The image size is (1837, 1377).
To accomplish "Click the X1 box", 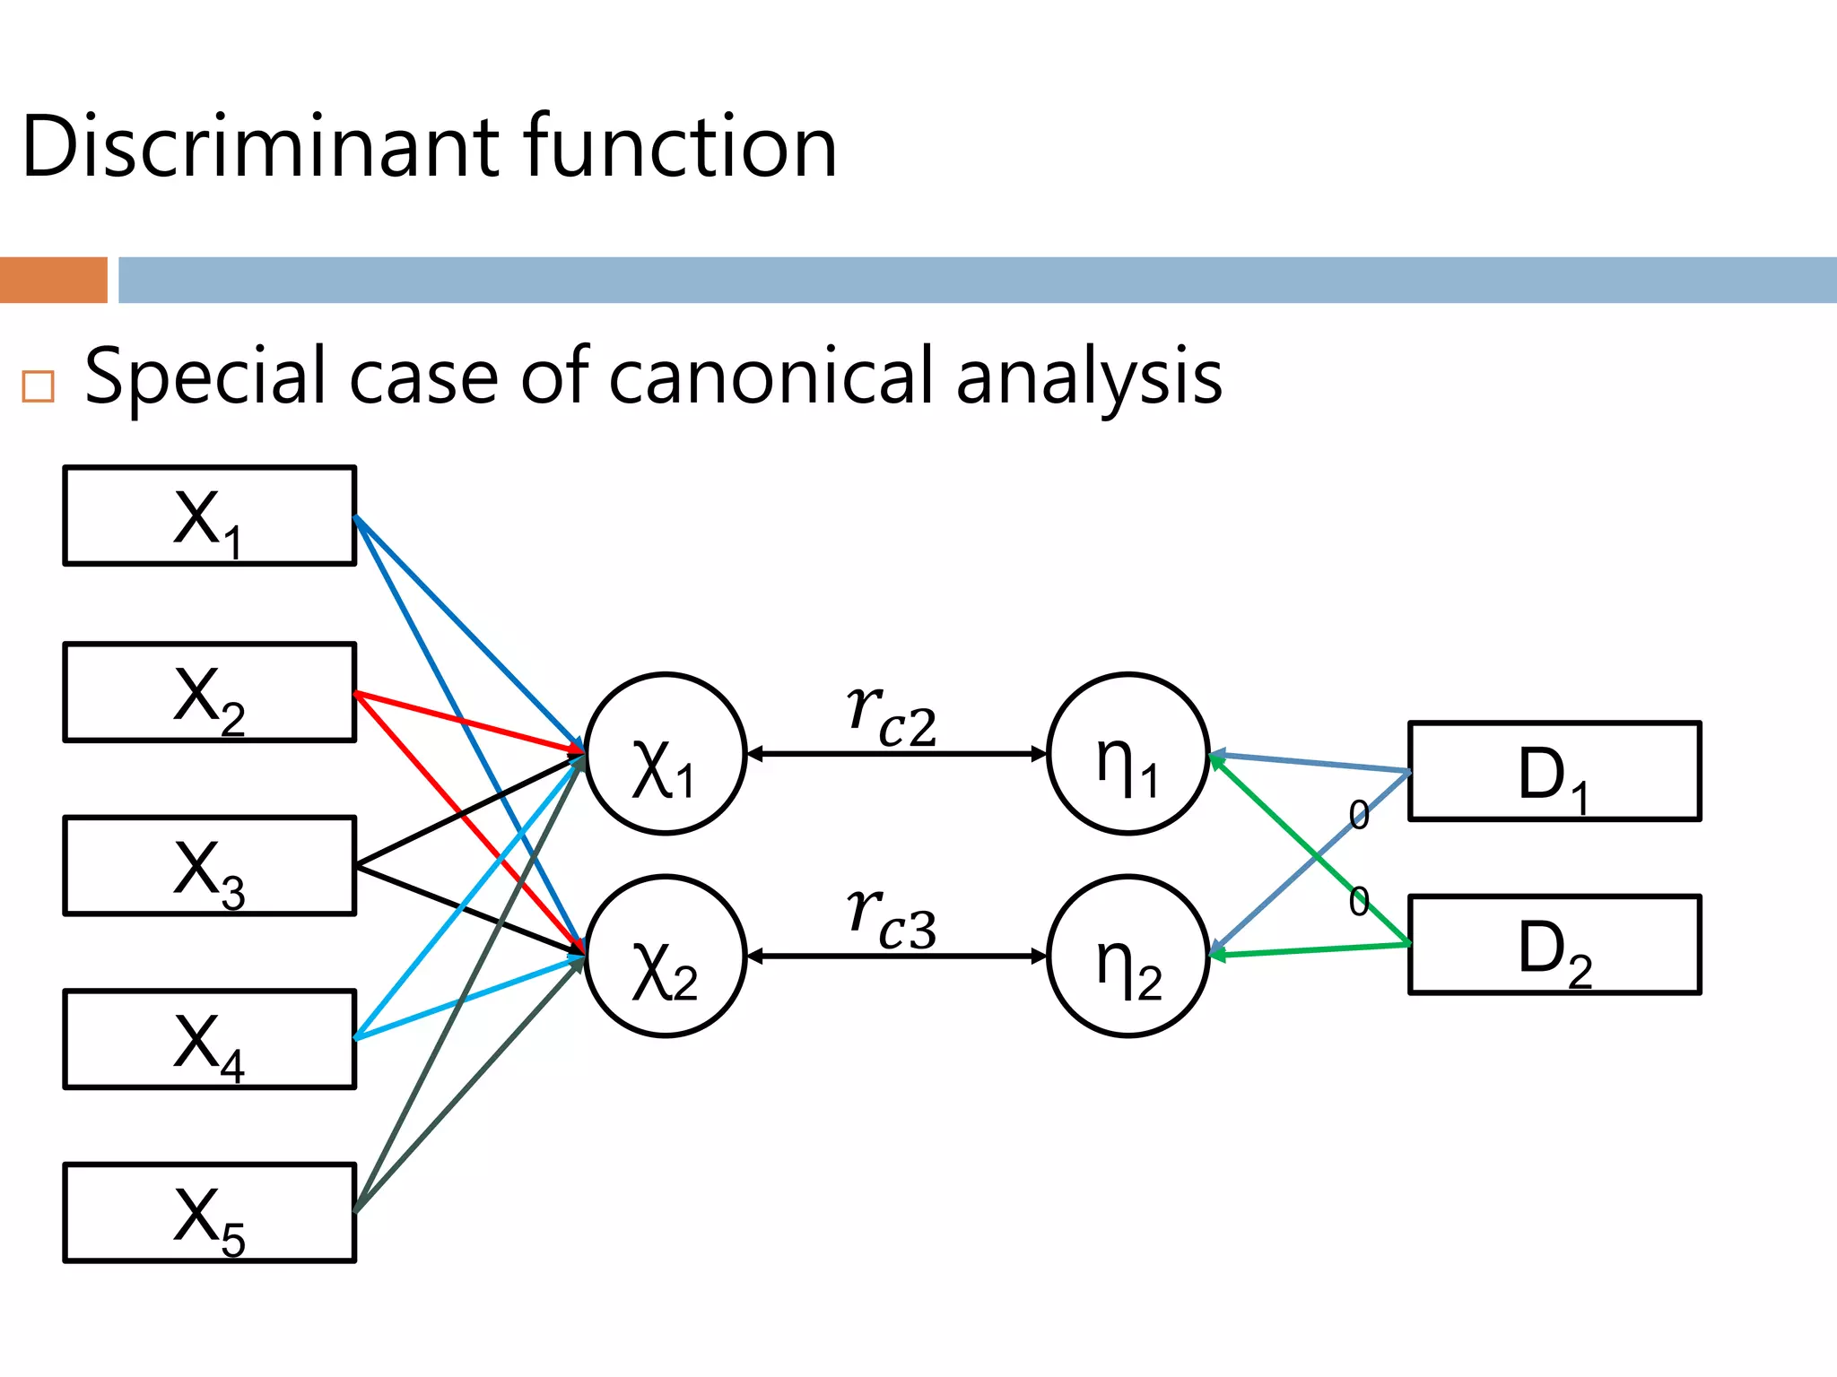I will (209, 516).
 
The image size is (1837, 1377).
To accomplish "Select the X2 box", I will (209, 692).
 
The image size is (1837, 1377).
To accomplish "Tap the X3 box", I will (209, 866).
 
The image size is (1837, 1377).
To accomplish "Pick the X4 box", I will (209, 1039).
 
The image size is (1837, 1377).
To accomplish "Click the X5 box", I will (209, 1213).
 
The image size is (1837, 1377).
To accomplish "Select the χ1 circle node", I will (666, 754).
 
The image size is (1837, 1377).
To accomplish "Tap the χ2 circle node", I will (666, 957).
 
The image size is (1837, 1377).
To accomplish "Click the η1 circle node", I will (1128, 754).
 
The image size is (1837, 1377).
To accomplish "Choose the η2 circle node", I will (1128, 957).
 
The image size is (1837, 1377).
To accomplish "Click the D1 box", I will (1554, 771).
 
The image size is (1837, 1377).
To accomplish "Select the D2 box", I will (1554, 945).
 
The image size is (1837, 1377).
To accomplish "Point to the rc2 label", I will (892, 716).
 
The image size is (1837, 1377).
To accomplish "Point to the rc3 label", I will (892, 919).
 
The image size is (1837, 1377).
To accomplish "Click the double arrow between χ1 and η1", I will (897, 755).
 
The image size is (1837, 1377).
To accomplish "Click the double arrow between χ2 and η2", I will (897, 957).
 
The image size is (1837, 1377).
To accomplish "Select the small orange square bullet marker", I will (39, 386).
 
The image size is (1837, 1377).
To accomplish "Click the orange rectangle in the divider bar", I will (53, 280).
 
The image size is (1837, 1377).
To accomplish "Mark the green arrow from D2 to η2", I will (1310, 950).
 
